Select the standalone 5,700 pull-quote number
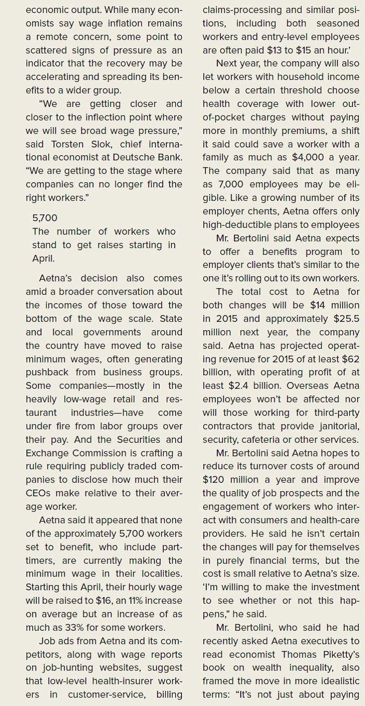click(x=45, y=218)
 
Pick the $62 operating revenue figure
click(x=347, y=359)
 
